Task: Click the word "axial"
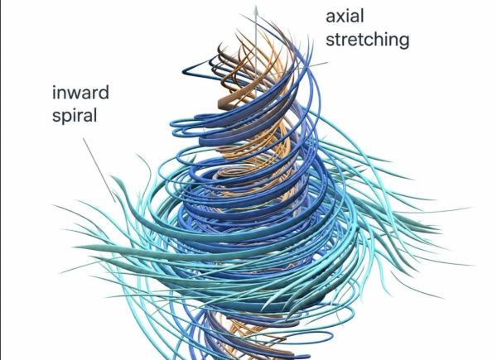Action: point(345,17)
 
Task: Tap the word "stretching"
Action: point(368,40)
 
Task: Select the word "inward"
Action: point(80,93)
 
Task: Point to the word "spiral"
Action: point(75,116)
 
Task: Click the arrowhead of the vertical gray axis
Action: point(256,10)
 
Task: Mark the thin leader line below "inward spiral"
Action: point(99,170)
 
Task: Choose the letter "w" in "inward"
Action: point(77,94)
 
